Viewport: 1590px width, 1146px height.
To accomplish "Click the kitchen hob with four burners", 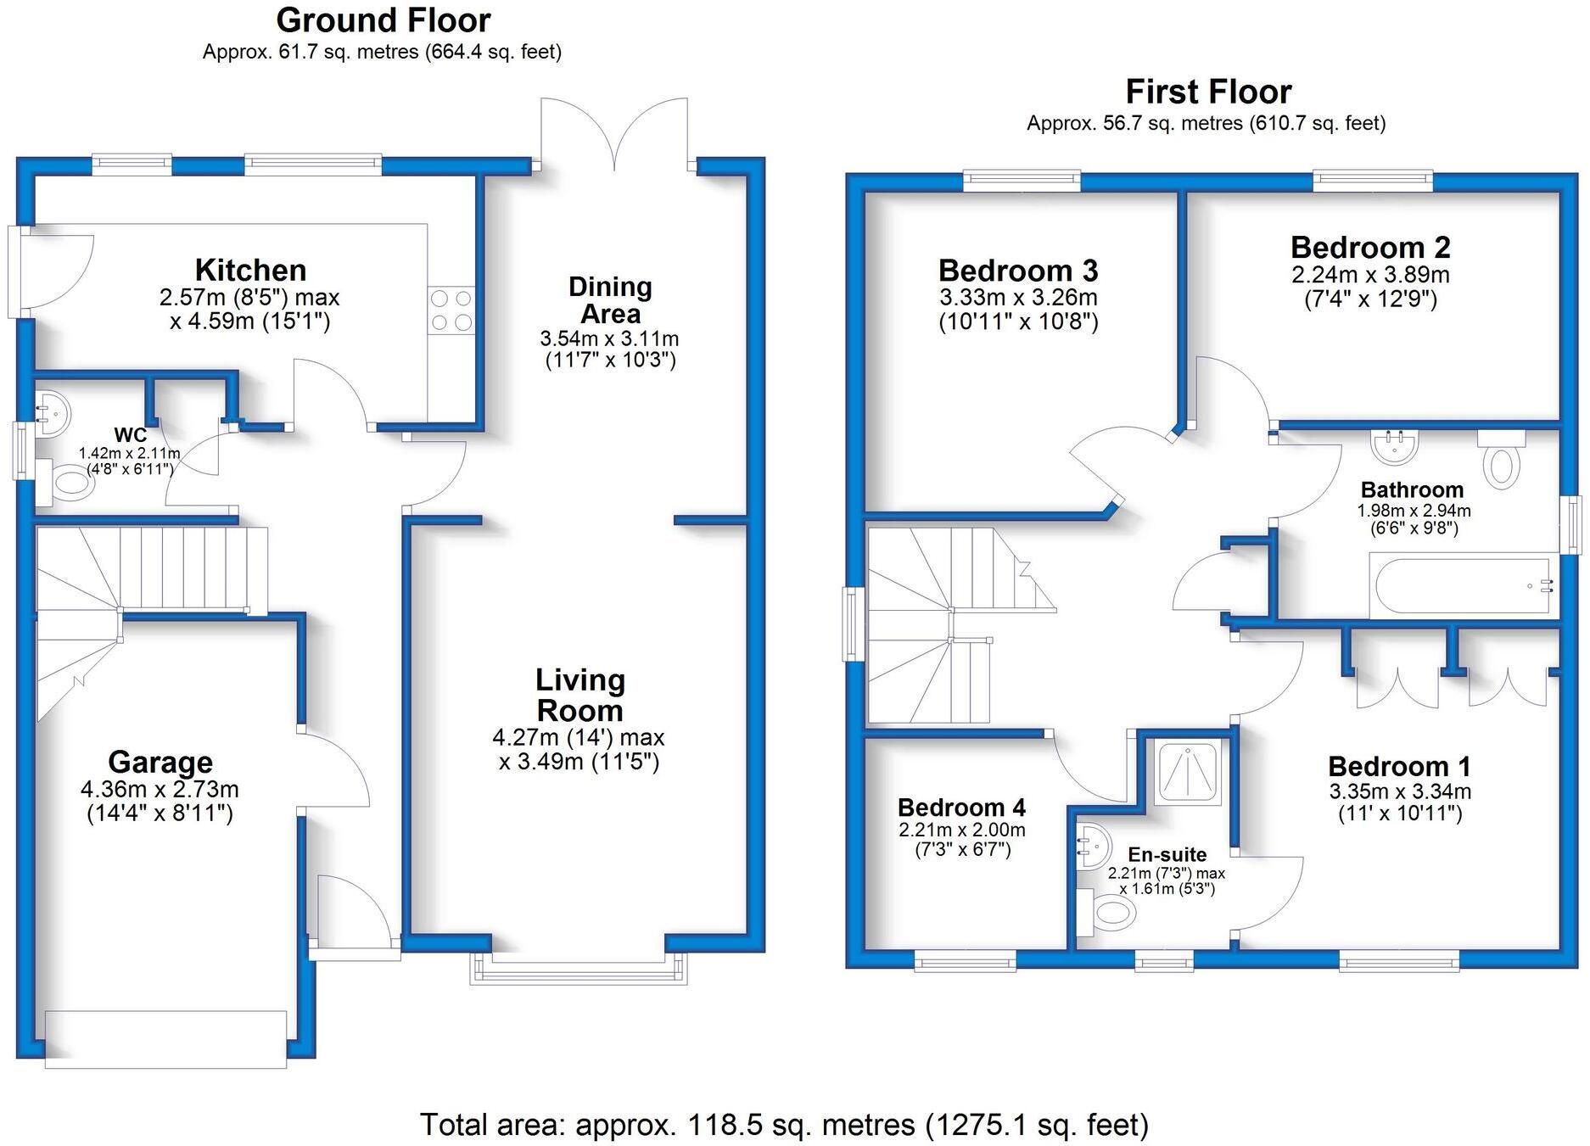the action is point(452,310).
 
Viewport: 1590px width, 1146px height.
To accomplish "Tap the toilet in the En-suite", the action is point(1107,913).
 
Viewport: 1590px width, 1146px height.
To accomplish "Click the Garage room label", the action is point(160,762).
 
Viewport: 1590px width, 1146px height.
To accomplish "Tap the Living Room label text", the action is point(580,695).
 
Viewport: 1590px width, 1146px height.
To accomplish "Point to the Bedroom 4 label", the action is point(962,807).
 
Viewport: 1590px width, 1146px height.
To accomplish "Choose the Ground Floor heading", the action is point(384,20).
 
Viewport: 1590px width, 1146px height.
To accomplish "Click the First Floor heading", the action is point(1208,92).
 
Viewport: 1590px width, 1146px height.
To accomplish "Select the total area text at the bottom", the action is point(785,1125).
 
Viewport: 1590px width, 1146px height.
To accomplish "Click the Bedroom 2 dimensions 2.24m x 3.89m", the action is point(1371,275).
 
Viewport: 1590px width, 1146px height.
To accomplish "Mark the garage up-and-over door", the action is point(166,1038).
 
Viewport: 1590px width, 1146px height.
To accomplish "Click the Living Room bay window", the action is point(579,969).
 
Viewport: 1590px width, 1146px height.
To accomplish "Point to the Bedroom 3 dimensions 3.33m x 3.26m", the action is point(1018,298).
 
